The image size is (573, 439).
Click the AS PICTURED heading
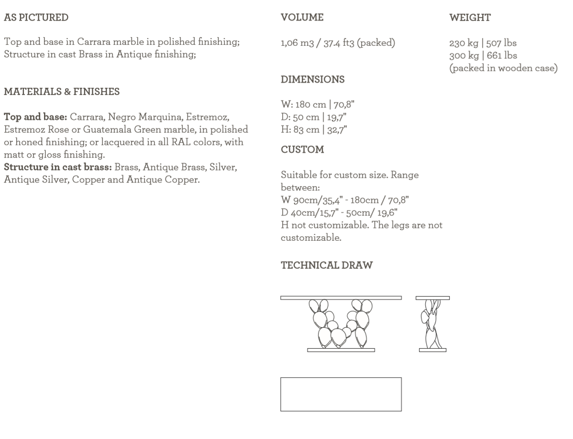point(36,18)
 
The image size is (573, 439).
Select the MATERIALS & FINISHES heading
point(62,91)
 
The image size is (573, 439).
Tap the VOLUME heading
point(302,18)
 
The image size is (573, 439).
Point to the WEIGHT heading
point(470,18)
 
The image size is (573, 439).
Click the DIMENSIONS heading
point(312,80)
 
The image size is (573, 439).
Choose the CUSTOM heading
point(302,150)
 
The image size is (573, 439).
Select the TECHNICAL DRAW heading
point(326,266)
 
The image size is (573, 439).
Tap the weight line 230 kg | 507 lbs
point(483,43)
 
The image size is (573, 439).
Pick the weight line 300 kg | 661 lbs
point(483,55)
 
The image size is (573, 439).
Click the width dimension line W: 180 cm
point(317,104)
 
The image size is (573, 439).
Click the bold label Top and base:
point(36,117)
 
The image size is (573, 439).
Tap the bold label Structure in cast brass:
point(58,168)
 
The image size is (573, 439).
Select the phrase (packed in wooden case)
point(503,68)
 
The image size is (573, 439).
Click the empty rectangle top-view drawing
point(341,394)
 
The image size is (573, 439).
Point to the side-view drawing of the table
point(432,324)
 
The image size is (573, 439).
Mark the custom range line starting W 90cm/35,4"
point(344,200)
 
